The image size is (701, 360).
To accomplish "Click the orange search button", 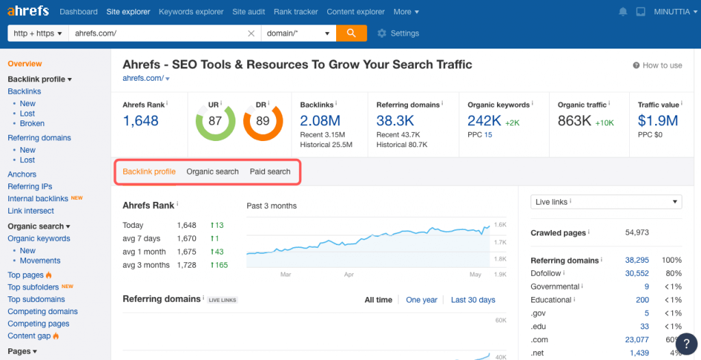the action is pyautogui.click(x=351, y=33).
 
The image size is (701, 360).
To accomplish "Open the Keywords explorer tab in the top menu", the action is pyautogui.click(x=191, y=12).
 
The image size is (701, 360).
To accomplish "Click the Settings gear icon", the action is pyautogui.click(x=382, y=33).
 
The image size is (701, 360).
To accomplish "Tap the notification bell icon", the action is pyautogui.click(x=623, y=12).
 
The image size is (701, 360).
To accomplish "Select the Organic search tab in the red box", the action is pyautogui.click(x=212, y=172).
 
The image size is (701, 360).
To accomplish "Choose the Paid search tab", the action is pyautogui.click(x=270, y=172).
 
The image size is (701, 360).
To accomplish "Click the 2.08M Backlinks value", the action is pyautogui.click(x=320, y=120).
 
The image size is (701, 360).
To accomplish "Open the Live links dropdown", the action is pyautogui.click(x=607, y=202).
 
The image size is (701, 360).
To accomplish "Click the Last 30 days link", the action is pyautogui.click(x=473, y=300).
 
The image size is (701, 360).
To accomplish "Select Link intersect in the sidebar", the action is pyautogui.click(x=31, y=211).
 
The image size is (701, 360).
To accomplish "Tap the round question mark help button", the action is pyautogui.click(x=687, y=344).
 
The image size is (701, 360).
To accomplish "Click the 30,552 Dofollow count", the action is pyautogui.click(x=637, y=273).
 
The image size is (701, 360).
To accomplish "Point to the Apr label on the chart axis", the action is pyautogui.click(x=349, y=274).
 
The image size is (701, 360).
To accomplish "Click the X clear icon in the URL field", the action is pyautogui.click(x=251, y=34).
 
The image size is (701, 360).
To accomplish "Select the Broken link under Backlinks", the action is pyautogui.click(x=32, y=123).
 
